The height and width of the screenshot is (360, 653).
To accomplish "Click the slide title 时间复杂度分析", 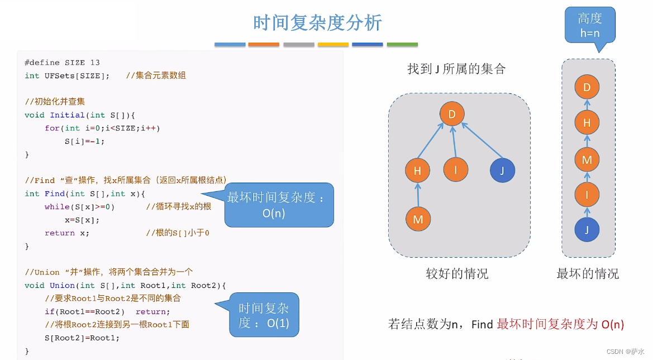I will coord(317,23).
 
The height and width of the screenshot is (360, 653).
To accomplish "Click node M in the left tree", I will coord(418,219).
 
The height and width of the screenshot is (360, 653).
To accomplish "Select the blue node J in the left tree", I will coord(502,170).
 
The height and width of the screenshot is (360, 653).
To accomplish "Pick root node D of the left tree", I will coord(451,115).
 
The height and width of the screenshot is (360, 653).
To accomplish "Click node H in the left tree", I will coord(417,170).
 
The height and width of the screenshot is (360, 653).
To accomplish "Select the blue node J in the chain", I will coord(587,229).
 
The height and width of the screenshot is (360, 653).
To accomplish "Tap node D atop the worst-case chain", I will coord(587,87).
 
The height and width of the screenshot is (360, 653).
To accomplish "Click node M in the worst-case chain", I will coord(587,160).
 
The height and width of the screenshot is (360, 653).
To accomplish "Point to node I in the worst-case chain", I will coord(587,195).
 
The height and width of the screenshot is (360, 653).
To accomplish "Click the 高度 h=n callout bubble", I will coord(589,25).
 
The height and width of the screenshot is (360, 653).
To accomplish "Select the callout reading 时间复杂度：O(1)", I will coord(264,315).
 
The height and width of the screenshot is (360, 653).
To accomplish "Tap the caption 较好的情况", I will coord(457,273).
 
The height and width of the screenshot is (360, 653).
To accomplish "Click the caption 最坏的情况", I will coord(588,273).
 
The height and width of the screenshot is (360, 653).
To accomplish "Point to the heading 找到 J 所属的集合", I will coord(456,69).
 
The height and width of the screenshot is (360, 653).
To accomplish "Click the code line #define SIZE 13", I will coord(63,63).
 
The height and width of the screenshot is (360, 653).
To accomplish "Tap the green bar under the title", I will coord(402,44).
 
